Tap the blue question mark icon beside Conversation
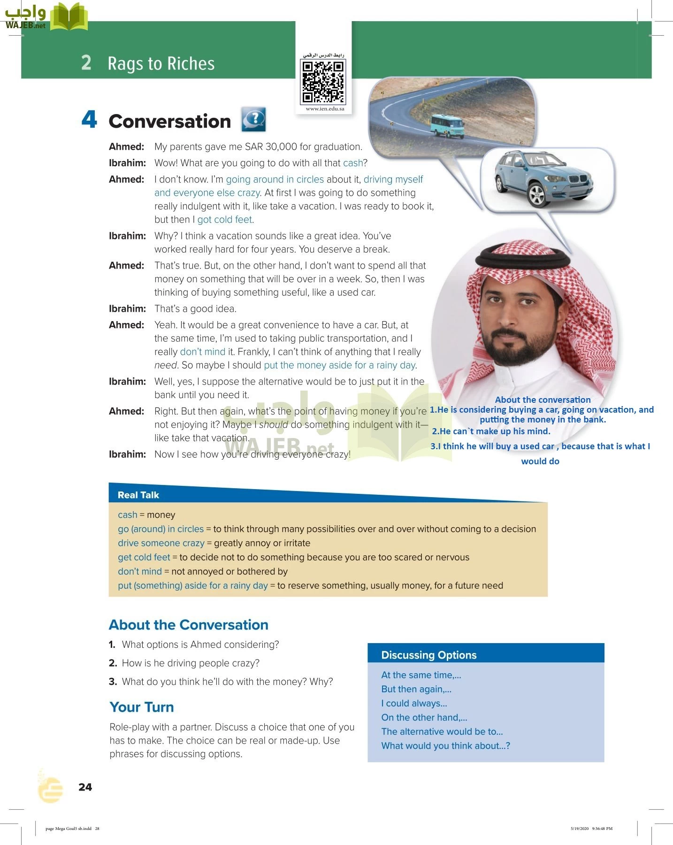point(253,119)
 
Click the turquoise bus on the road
point(447,126)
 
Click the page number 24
point(85,787)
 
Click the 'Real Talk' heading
point(138,495)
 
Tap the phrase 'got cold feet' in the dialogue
point(225,219)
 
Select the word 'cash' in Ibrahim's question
point(352,163)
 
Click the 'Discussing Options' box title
point(428,655)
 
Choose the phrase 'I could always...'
point(414,703)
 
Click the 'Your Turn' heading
point(142,707)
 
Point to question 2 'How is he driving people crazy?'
point(190,663)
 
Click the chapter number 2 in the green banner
point(86,62)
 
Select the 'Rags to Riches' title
point(161,63)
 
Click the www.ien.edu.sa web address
point(325,108)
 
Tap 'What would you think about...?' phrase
point(445,745)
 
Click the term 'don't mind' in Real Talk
point(139,571)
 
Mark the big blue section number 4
point(89,119)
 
